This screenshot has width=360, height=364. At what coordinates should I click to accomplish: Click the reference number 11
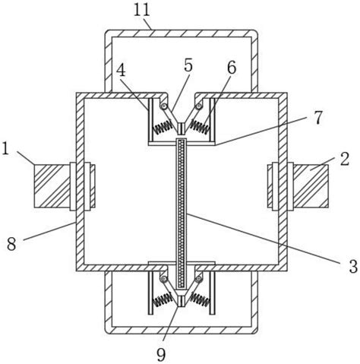click(142, 10)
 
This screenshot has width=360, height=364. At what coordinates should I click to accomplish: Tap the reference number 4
click(121, 70)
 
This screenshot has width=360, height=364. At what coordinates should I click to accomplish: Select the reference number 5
click(188, 65)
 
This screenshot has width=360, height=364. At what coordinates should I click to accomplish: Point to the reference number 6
click(232, 68)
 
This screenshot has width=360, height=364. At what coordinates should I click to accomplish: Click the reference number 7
click(318, 118)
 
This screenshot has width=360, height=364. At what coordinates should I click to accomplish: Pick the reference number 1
click(5, 148)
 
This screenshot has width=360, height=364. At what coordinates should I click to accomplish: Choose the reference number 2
click(344, 159)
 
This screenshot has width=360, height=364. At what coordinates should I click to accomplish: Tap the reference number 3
click(353, 267)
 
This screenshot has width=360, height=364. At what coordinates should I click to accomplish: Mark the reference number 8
click(11, 245)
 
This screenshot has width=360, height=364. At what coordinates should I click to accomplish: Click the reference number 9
click(161, 355)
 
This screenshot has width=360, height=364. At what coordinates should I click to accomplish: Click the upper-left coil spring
click(163, 128)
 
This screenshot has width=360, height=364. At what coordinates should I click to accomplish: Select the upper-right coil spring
click(201, 127)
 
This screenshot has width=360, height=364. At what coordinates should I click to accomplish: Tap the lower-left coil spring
click(163, 299)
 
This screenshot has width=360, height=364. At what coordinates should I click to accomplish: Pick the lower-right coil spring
click(201, 299)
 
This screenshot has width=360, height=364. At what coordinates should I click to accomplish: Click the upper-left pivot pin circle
click(165, 106)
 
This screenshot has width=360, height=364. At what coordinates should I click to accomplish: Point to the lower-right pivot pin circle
click(199, 279)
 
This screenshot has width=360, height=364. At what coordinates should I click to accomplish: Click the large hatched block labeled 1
click(52, 186)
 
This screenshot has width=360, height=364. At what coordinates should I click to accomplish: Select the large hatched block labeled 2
click(311, 186)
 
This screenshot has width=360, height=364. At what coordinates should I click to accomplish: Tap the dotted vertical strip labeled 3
click(181, 214)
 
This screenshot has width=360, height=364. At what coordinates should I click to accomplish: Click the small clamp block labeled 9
click(181, 301)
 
